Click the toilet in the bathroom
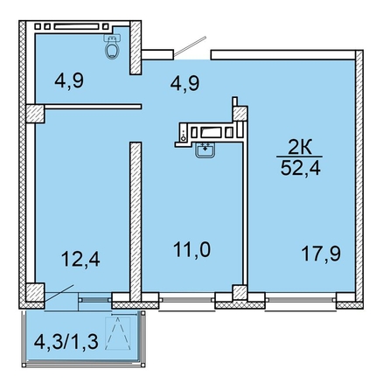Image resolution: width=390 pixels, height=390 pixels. click(112, 46)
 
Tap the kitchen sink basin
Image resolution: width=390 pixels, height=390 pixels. click(205, 150)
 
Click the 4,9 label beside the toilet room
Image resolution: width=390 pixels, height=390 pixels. click(69, 80)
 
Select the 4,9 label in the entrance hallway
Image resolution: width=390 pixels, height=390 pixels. click(185, 83)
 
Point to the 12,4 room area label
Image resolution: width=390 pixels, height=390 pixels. click(80, 259)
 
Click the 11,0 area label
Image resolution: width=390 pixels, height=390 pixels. click(192, 250)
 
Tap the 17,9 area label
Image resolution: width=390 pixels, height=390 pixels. click(321, 254)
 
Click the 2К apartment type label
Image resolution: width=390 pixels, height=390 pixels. click(300, 148)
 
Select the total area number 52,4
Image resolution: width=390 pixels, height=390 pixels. click(301, 168)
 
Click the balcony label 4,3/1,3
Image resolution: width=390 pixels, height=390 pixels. click(66, 342)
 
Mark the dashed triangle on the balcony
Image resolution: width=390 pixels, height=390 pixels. click(117, 333)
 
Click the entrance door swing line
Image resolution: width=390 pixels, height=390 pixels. click(191, 45)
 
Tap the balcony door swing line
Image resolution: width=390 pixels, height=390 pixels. click(59, 294)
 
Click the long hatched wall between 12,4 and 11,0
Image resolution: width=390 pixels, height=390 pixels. click(136, 222)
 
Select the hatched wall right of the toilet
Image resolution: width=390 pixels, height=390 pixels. click(136, 47)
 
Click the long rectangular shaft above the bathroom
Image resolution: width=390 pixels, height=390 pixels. click(76, 26)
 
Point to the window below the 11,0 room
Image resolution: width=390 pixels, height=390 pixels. click(187, 299)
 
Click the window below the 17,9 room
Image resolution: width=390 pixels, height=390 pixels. click(301, 299)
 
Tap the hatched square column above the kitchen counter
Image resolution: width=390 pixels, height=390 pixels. click(240, 114)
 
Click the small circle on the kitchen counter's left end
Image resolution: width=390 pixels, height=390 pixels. click(183, 138)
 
